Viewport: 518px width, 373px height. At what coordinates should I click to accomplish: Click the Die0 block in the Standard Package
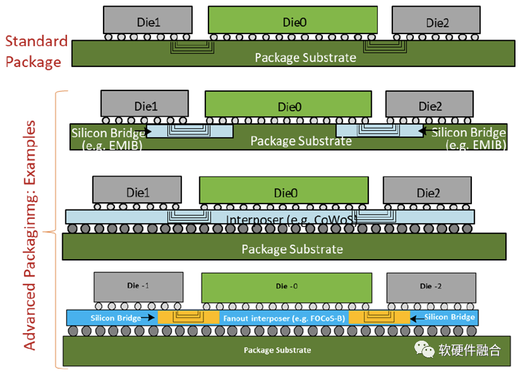293,21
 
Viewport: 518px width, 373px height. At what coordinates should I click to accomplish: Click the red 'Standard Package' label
35,51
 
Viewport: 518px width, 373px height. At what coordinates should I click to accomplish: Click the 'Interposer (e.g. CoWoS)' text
292,219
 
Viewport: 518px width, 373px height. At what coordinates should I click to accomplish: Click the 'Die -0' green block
286,287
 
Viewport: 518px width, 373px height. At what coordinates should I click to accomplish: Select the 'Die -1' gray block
138,287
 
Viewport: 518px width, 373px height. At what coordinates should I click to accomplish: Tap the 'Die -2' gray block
431,287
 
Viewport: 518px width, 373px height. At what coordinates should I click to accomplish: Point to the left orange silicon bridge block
188,317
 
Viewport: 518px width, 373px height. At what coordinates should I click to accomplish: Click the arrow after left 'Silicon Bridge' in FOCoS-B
149,318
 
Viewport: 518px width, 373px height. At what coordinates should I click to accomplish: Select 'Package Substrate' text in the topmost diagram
305,57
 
